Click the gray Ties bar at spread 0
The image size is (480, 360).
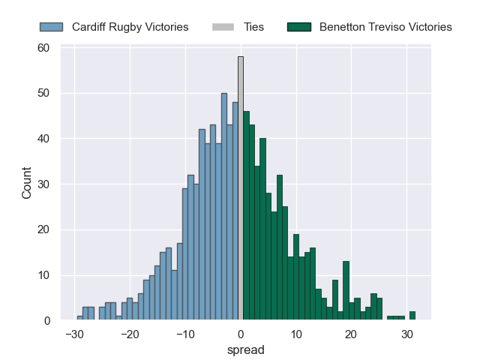click(241, 187)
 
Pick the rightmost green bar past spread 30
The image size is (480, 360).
click(412, 316)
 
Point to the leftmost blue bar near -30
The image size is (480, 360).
click(80, 318)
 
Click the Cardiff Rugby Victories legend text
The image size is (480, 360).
click(130, 27)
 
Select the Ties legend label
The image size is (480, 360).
click(253, 27)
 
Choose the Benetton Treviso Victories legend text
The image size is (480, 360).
click(385, 27)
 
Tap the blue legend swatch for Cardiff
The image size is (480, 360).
click(52, 27)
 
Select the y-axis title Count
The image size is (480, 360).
click(27, 184)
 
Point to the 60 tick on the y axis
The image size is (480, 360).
click(43, 48)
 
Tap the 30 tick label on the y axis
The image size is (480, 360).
click(43, 184)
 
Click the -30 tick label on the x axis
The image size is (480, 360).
click(74, 334)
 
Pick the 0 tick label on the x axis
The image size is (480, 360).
click(241, 334)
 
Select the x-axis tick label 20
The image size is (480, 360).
click(351, 334)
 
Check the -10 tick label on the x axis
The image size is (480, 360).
click(185, 334)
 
